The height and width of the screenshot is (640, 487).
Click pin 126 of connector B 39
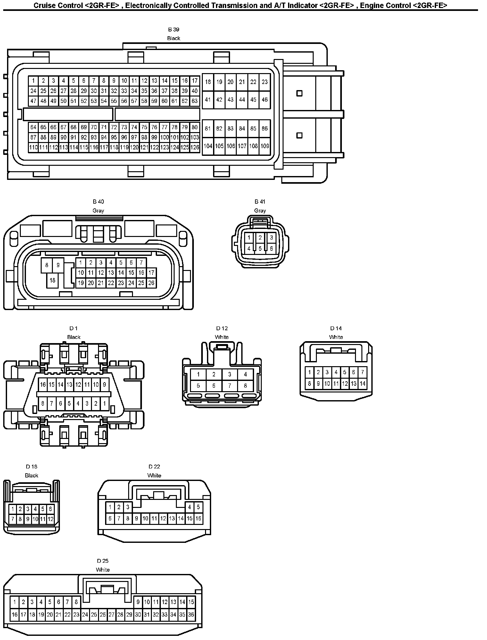[194, 147]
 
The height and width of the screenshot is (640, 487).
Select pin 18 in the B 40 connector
[52, 280]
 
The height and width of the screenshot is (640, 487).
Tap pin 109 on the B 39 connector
[265, 146]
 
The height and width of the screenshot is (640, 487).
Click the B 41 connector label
[260, 202]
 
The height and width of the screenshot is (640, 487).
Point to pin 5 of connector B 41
[260, 248]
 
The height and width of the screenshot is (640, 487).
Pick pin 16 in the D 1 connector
[43, 384]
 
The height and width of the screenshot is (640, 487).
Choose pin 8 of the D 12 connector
[245, 386]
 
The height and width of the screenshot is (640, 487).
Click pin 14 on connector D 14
[362, 383]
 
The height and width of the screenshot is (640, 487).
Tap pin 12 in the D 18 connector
[51, 518]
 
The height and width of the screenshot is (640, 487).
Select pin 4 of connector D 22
[189, 507]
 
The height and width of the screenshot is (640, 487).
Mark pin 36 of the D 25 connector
[191, 615]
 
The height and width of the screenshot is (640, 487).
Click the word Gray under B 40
[98, 211]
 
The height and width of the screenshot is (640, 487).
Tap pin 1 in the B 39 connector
[33, 81]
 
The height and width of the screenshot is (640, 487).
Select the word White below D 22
[154, 476]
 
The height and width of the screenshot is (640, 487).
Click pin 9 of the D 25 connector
[138, 602]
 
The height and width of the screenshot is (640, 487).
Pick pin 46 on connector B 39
[265, 100]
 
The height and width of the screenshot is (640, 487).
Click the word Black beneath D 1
[74, 337]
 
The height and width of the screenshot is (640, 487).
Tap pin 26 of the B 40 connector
[151, 283]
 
